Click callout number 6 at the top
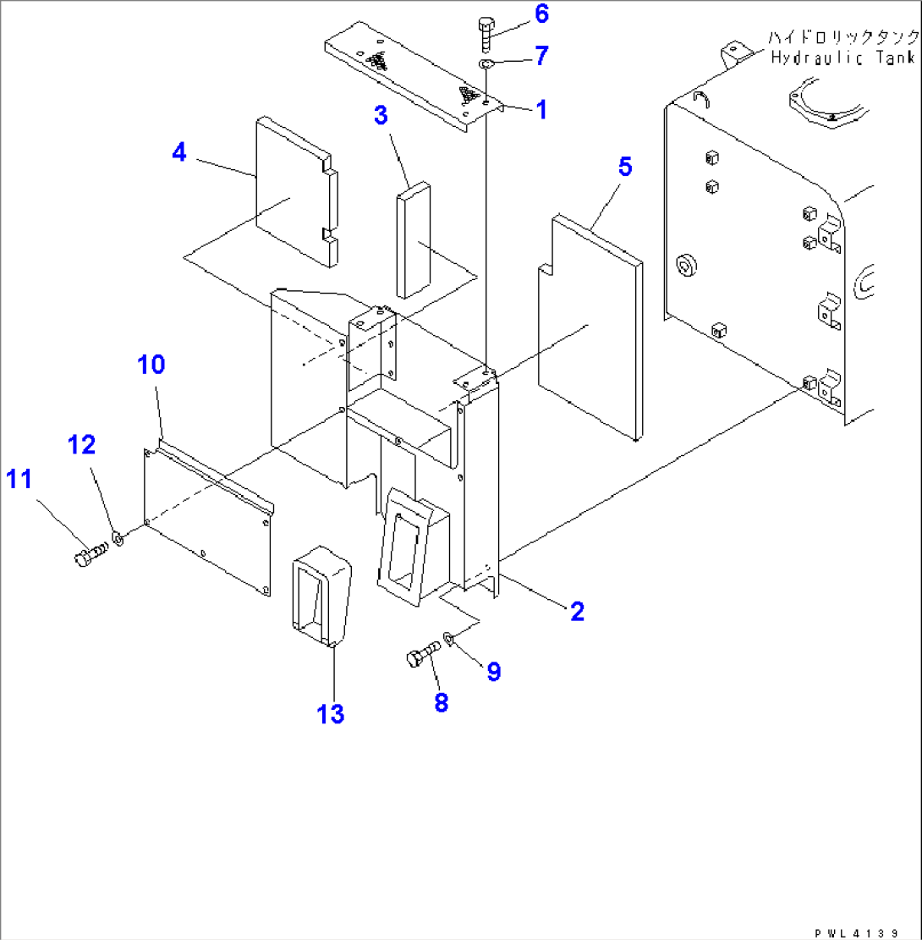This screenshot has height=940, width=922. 541,14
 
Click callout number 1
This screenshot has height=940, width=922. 540,108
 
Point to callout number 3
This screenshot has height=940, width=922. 381,116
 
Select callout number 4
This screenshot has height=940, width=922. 179,152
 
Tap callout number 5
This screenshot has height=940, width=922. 623,168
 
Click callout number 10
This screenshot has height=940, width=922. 153,365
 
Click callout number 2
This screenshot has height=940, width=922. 576,611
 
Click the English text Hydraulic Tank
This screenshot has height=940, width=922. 842,58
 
